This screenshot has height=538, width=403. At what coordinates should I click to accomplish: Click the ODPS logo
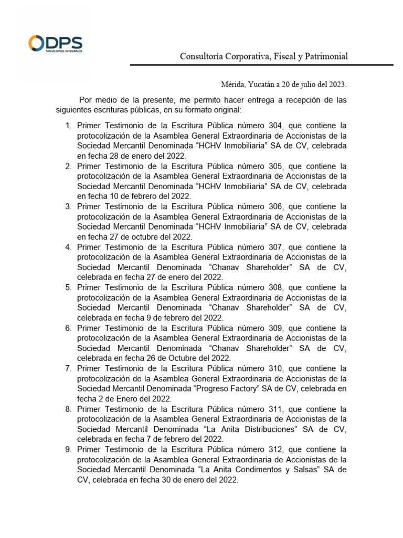coord(55,44)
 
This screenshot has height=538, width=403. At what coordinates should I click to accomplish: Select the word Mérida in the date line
coord(232,84)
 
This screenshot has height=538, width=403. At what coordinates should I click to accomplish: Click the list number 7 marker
coord(68,368)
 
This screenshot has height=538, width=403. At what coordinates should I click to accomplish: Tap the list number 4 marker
coord(68,247)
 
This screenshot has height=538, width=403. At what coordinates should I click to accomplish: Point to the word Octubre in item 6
coord(178,358)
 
